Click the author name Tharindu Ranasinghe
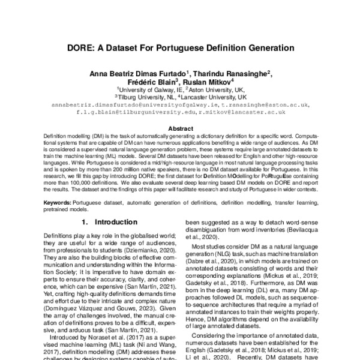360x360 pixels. pos(231,73)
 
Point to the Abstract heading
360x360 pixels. pos(180,128)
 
